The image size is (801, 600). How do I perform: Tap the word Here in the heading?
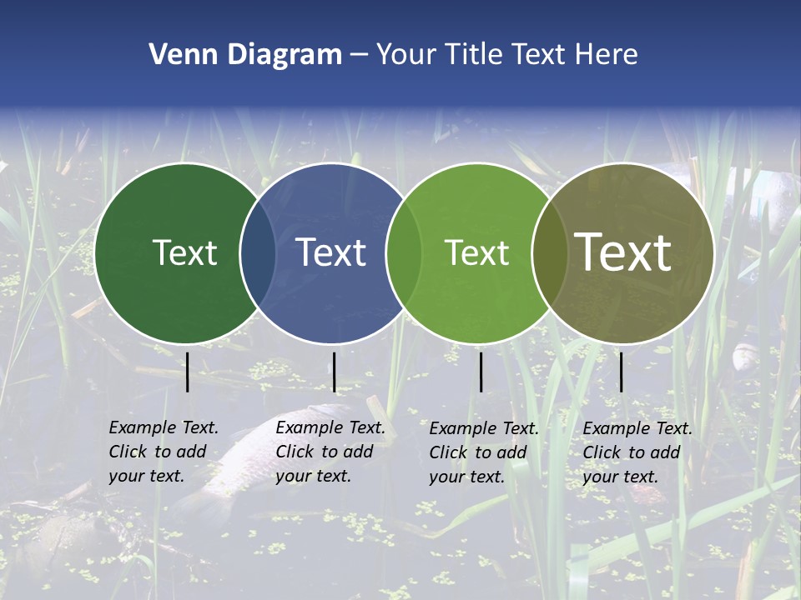pos(607,55)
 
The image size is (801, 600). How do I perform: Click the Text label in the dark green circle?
pos(184,252)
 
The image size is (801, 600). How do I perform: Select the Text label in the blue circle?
pos(331,252)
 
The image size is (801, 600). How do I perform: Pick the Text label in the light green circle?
pos(477,252)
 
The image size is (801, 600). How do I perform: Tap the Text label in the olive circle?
pos(623,252)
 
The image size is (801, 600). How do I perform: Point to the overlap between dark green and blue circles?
pos(258,253)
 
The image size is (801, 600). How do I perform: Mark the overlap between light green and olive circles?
pos(549,253)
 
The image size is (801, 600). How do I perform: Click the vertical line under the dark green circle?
pos(187,372)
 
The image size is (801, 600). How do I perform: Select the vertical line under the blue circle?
pos(334,372)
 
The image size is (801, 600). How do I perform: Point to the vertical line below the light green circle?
pos(481,372)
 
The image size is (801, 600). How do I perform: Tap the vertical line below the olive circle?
pos(621,372)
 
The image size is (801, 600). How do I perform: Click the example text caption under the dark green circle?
pos(164,452)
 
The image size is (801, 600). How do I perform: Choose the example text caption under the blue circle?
pos(330,452)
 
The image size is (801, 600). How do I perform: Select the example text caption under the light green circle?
pos(484,452)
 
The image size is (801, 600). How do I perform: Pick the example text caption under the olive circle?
pos(637,452)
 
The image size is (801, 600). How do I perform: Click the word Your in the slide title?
pos(406,55)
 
